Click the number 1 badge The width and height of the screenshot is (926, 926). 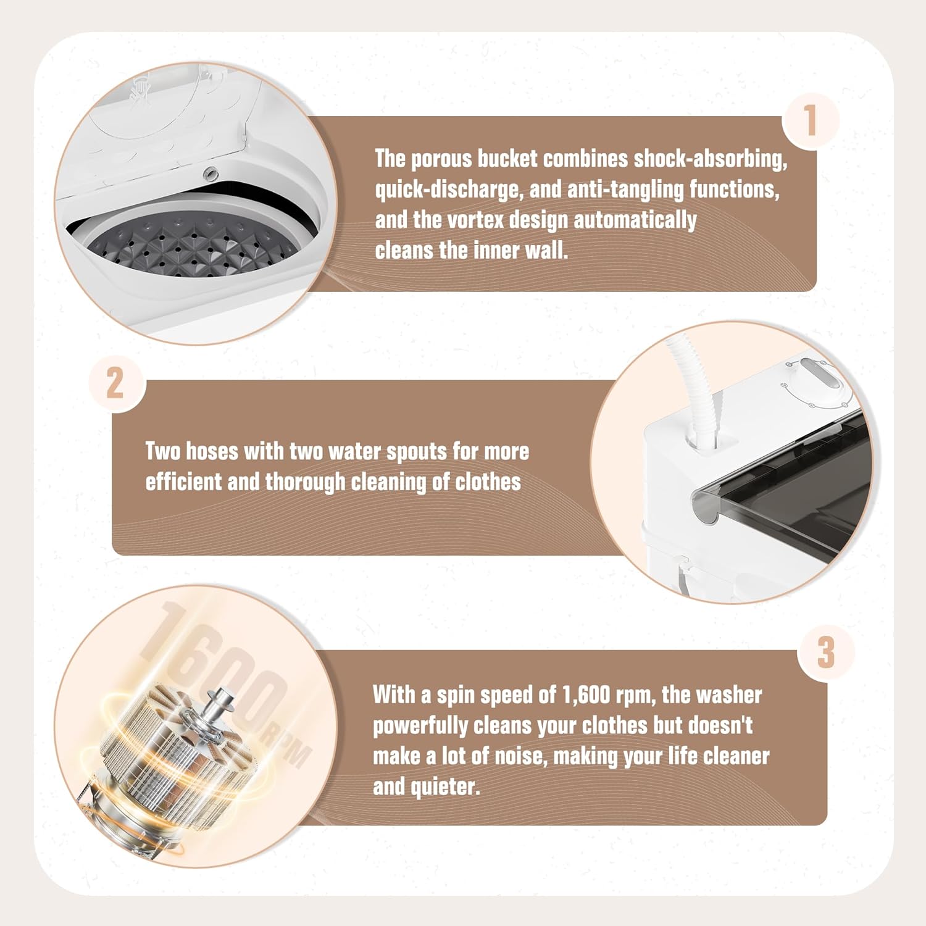pyautogui.click(x=811, y=120)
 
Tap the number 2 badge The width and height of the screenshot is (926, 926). pyautogui.click(x=115, y=383)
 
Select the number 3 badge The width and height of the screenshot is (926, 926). pyautogui.click(x=826, y=653)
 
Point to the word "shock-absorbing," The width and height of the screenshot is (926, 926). pyautogui.click(x=711, y=159)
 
